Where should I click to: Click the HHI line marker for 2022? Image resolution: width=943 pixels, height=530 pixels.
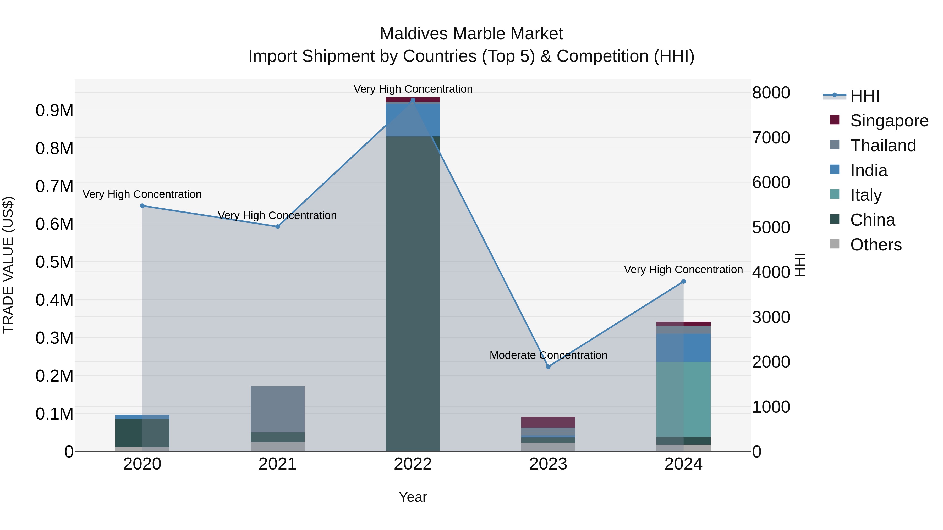pyautogui.click(x=413, y=100)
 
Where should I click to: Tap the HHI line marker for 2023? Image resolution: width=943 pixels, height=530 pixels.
pyautogui.click(x=548, y=366)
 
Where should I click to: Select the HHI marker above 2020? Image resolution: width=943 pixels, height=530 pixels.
pyautogui.click(x=142, y=206)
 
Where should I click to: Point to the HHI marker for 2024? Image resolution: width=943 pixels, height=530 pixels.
pyautogui.click(x=683, y=282)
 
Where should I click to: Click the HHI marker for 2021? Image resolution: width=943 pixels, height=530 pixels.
pyautogui.click(x=277, y=227)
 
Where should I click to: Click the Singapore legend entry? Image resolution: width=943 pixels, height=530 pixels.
pyautogui.click(x=889, y=121)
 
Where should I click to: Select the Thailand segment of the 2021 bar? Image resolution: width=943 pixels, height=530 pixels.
pyautogui.click(x=277, y=409)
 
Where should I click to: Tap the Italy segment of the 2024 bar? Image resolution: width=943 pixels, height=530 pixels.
pyautogui.click(x=683, y=399)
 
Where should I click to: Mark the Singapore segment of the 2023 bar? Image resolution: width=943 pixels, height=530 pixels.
pyautogui.click(x=548, y=422)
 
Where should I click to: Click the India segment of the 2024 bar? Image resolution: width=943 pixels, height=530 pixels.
pyautogui.click(x=683, y=348)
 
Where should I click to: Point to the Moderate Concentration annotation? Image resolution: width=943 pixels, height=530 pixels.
pyautogui.click(x=548, y=355)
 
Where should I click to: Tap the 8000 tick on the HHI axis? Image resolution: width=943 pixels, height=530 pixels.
pyautogui.click(x=771, y=93)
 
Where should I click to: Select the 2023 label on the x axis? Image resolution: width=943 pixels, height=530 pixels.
pyautogui.click(x=548, y=464)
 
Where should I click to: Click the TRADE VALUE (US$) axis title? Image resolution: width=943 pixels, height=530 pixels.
pyautogui.click(x=8, y=265)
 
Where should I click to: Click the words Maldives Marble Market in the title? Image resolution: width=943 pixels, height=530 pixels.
pyautogui.click(x=471, y=34)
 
